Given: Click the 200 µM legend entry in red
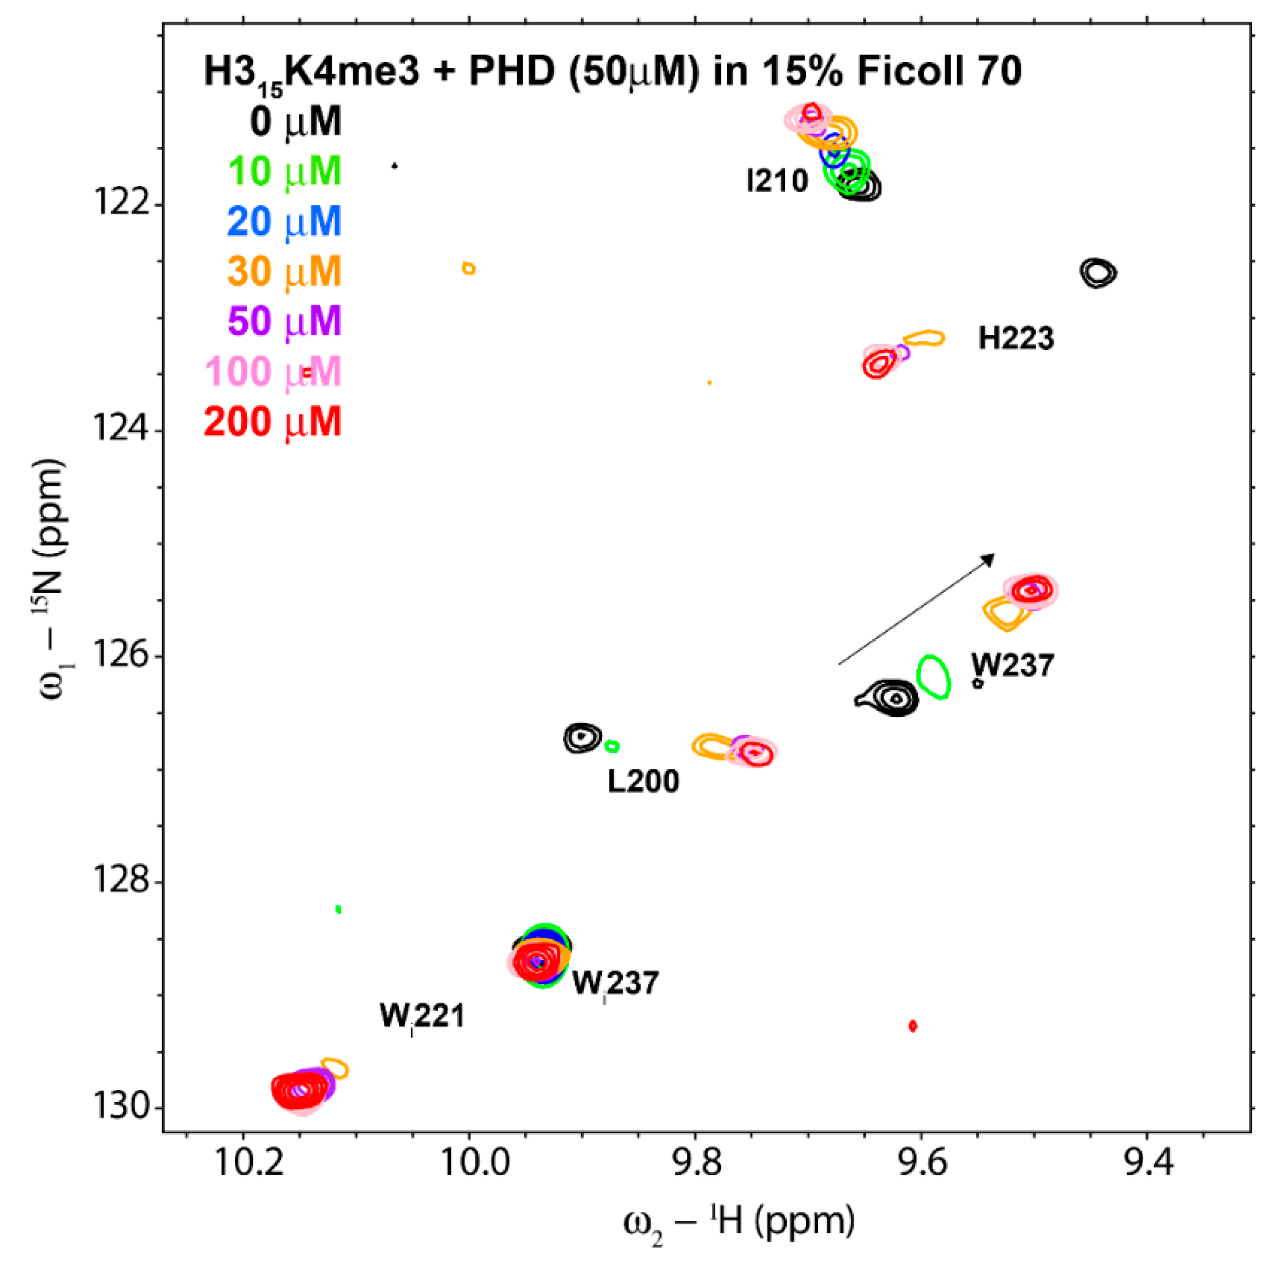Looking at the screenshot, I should [272, 422].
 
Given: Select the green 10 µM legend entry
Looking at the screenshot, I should [284, 171].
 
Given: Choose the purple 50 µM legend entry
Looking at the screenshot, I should [284, 321].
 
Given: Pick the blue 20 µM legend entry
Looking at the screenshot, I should [284, 221].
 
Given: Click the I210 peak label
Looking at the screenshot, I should [777, 181].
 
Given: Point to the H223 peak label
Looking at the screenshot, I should [1015, 338].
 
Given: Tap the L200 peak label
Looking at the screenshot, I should [643, 781].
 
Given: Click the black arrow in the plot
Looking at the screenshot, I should [916, 609].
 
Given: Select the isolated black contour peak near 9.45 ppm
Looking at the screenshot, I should [1098, 272].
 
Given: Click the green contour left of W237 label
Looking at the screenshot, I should [934, 677].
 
